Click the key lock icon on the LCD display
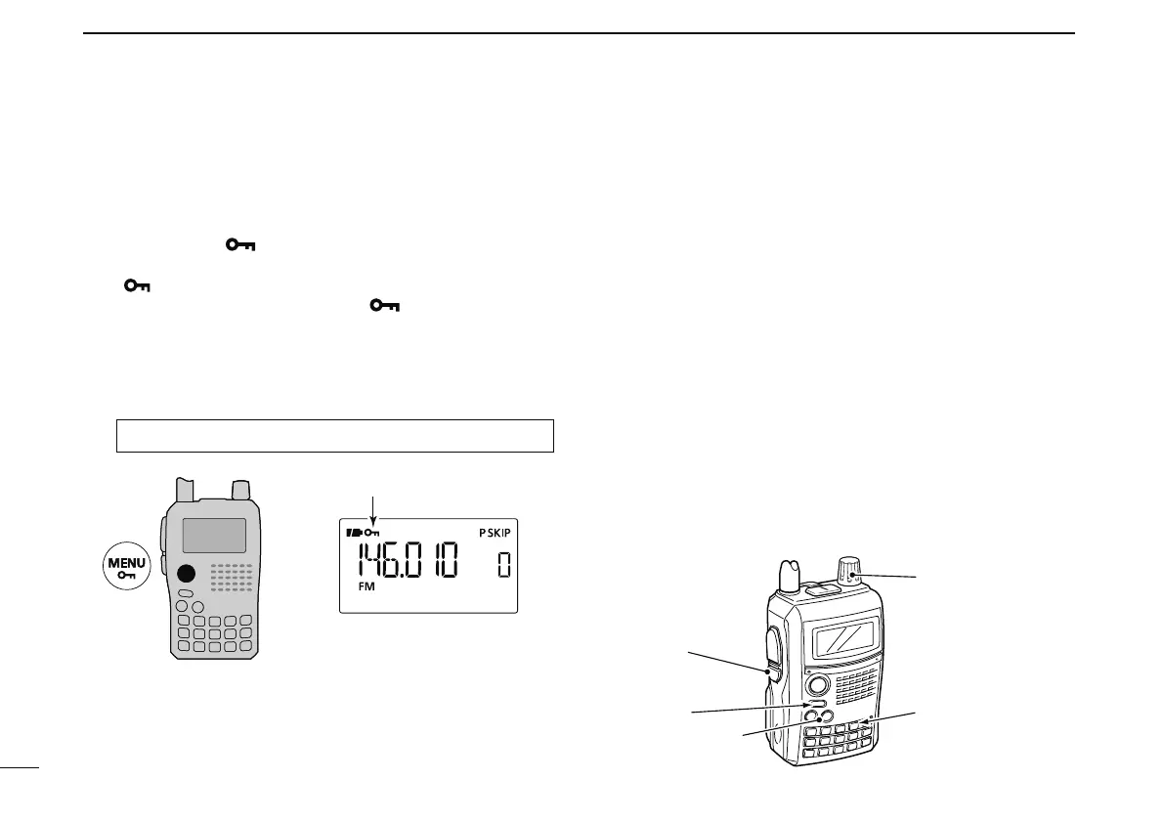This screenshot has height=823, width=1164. click(x=371, y=534)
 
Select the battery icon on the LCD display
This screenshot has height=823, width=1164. click(x=353, y=534)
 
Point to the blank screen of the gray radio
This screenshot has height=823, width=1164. click(x=213, y=536)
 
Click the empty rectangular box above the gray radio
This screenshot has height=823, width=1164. click(x=335, y=435)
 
